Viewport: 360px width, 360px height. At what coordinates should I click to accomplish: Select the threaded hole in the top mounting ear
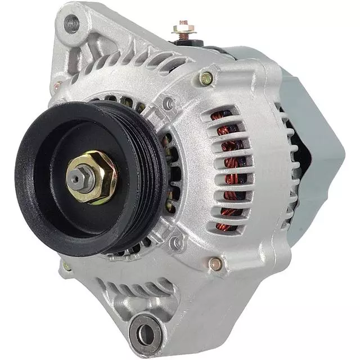(72, 24)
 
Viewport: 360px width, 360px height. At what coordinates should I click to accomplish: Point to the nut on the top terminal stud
(183, 26)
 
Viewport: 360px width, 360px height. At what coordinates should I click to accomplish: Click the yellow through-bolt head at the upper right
(206, 78)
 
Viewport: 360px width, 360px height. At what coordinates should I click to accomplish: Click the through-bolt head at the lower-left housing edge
(66, 265)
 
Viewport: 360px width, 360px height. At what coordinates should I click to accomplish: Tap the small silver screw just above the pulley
(167, 103)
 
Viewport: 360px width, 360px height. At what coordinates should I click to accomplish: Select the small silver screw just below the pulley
(177, 243)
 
